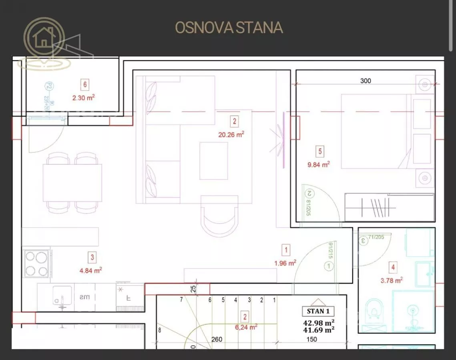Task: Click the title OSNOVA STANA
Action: [229, 28]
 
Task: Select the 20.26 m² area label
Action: [231, 135]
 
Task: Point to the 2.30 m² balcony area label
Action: [83, 97]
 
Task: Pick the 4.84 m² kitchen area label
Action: [91, 270]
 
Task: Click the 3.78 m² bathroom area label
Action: [391, 280]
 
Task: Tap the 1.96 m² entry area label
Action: [285, 263]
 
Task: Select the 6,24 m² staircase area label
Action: [246, 327]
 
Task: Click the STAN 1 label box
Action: [318, 311]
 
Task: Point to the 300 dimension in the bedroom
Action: [366, 81]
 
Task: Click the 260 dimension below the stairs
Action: [217, 340]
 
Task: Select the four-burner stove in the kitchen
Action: [37, 264]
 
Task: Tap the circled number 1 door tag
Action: [329, 266]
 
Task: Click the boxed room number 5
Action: [319, 152]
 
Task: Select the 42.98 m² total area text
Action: [319, 322]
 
